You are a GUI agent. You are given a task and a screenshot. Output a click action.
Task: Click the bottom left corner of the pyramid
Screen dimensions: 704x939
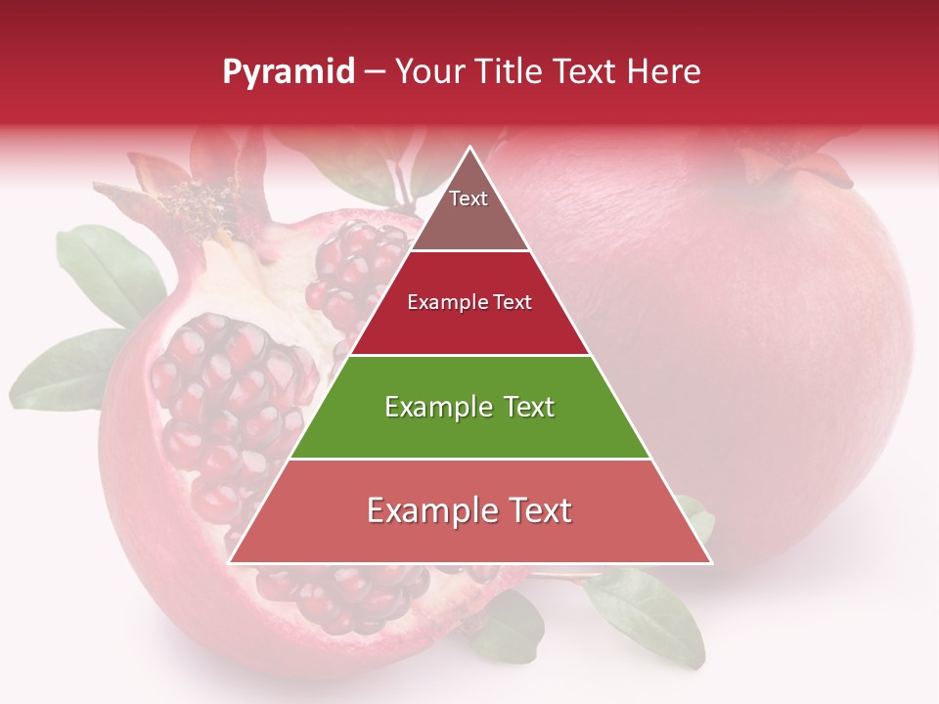[x=232, y=561]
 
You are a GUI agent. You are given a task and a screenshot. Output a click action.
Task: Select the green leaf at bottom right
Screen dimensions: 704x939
[x=650, y=611]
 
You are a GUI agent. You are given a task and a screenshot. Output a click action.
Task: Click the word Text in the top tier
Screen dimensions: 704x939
[x=469, y=198]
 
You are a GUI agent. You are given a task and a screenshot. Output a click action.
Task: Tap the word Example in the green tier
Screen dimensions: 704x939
[x=425, y=407]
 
